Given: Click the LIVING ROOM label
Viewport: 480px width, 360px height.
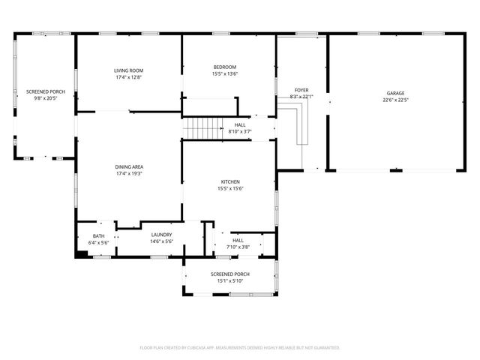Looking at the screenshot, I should pos(129,70).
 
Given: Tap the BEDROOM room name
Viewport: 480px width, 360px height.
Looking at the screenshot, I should pos(225,67).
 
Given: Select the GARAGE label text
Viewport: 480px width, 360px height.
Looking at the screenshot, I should pos(395,93).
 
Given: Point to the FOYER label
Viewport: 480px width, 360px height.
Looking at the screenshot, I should pos(301,90).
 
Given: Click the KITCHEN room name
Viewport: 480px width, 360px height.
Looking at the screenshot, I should pos(229,181).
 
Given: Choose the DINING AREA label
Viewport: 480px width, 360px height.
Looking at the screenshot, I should pos(129,166).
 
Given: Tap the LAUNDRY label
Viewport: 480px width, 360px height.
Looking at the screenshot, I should pos(161,235).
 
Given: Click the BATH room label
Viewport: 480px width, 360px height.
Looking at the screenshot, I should pos(99,236).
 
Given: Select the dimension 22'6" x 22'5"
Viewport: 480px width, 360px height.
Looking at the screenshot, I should pos(395,100).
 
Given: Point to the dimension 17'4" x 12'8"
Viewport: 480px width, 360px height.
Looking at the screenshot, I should pos(129,76).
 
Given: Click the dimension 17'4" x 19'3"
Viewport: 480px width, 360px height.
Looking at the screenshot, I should pos(129,173).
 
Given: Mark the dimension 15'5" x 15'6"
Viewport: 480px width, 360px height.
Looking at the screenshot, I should pos(229,188).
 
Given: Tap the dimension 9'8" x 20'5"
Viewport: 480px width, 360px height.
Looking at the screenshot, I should pos(46,98).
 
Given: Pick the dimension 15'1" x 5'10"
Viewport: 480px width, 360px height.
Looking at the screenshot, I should pos(229,281).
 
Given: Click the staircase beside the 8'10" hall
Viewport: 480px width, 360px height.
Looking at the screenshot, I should pos(200,129).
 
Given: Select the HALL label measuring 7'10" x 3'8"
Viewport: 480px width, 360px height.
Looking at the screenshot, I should pos(238,240).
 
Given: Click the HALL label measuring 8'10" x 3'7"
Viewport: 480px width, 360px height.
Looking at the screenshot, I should pos(240,124).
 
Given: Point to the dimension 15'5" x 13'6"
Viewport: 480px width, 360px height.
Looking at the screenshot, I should pos(225,73).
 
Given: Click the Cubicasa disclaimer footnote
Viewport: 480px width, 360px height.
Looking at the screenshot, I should pos(240,348).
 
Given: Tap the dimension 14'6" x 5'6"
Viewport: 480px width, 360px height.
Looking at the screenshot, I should pos(161,241).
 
